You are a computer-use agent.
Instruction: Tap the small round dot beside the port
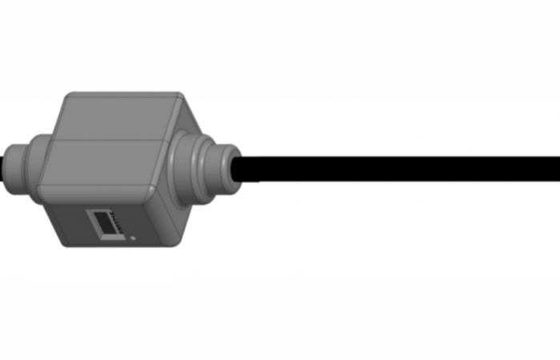click(x=132, y=238)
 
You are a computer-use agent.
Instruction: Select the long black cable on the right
click(x=400, y=168)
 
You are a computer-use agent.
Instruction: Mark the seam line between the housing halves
click(x=104, y=141)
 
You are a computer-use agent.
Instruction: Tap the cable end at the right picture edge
click(x=555, y=168)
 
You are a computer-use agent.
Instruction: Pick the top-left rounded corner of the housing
click(x=69, y=98)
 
